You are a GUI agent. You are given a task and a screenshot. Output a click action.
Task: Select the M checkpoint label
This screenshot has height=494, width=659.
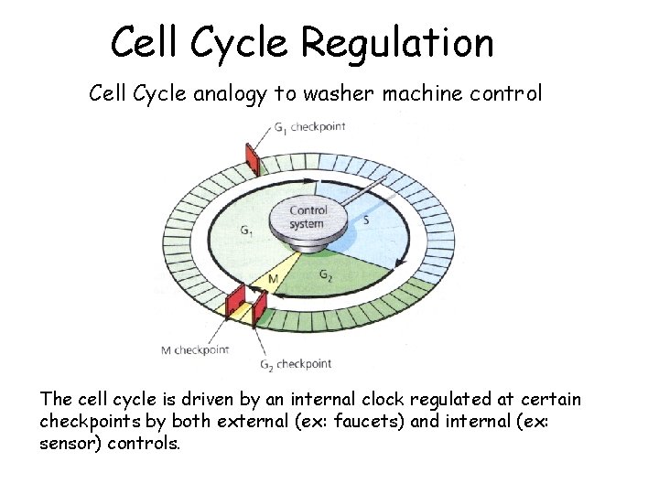point(194,349)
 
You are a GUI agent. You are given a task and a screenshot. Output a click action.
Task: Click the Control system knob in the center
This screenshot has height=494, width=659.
point(308,218)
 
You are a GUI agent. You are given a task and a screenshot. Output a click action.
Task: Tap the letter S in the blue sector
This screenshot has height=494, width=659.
point(366,220)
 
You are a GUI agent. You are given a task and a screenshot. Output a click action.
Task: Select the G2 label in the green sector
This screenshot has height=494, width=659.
point(326,274)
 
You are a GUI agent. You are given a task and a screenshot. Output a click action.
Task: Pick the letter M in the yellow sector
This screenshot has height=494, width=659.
point(272,278)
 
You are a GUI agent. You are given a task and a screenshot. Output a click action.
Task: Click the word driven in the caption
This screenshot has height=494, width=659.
point(189,401)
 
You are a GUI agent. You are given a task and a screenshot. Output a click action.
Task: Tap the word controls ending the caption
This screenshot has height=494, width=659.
point(147,443)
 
